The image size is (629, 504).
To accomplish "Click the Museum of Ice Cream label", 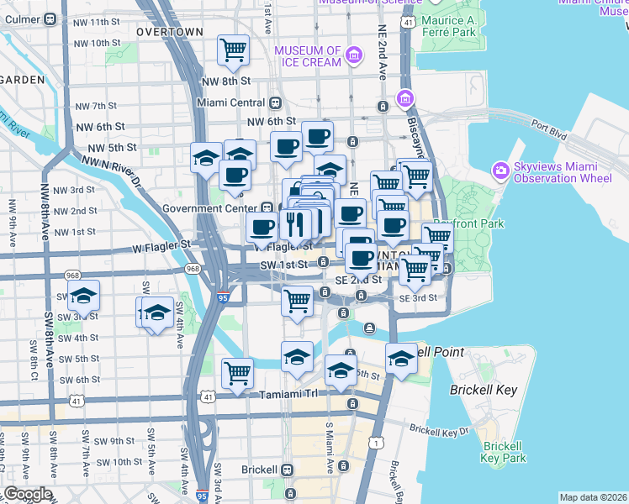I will point(310,56).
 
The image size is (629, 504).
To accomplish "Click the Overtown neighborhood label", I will point(169,31).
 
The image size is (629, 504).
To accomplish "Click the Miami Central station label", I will point(230,102).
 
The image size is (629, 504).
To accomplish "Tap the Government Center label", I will point(211,208).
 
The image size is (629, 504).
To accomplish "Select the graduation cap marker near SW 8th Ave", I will point(83,297).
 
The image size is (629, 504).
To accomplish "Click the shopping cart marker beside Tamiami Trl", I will point(238,373).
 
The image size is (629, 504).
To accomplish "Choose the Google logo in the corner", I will point(28,494).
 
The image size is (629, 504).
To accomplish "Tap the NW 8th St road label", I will point(226,81).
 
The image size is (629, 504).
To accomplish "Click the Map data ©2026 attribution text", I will point(593,497).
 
